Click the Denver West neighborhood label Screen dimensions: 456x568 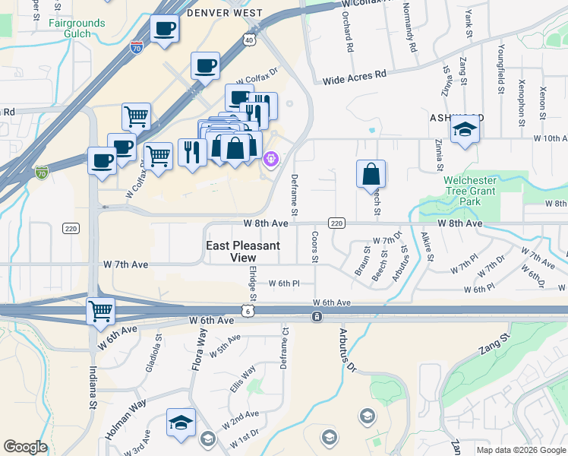[224, 13]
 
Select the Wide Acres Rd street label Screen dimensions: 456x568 [355, 78]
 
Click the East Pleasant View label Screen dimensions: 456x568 [244, 252]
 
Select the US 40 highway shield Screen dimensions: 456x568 [250, 39]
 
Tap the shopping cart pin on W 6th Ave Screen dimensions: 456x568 [101, 311]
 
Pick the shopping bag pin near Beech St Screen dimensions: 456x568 [371, 174]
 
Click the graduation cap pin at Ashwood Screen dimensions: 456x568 [465, 129]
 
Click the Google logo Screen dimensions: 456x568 [25, 447]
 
